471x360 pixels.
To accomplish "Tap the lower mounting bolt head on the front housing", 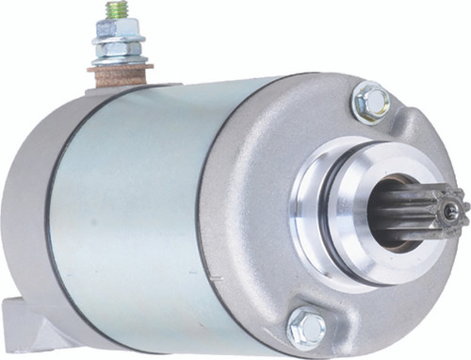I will [x=307, y=328].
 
